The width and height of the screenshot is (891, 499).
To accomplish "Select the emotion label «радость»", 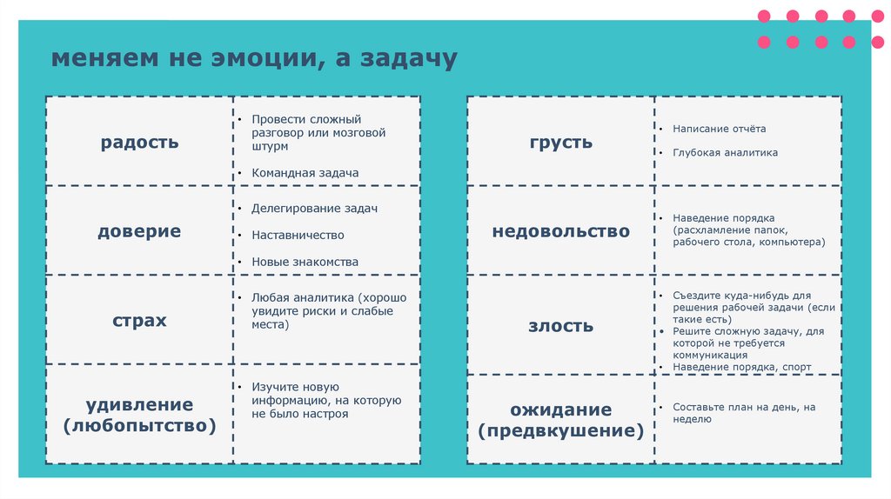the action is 139,142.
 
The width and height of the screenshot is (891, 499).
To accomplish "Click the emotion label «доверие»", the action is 139,231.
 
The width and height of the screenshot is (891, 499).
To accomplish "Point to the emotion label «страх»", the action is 139,321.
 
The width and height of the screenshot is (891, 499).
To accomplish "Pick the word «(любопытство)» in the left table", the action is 139,426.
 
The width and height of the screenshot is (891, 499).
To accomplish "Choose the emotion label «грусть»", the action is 560,142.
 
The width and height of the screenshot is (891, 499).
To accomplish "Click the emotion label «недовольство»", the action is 560,231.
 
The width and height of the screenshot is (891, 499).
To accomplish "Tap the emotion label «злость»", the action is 560,326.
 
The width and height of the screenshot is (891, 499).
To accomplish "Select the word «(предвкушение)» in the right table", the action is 560,431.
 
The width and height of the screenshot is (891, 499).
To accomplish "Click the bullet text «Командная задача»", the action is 305,173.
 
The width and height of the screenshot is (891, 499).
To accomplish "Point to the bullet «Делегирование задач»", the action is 314,209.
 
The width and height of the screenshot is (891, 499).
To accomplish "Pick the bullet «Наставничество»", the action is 298,235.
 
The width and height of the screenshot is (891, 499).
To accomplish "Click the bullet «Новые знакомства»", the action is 305,262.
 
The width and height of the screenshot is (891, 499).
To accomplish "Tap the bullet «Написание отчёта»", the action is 719,129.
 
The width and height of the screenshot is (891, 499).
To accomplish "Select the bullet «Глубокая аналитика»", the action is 725,152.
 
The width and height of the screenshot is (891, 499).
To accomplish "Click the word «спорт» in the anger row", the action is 796,367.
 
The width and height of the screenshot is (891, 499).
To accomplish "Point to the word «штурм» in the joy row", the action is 270,148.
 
